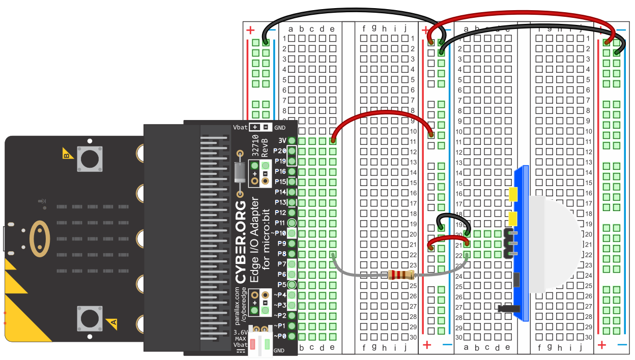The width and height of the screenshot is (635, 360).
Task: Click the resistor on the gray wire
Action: tap(400, 276)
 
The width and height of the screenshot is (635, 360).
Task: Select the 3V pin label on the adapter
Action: tap(282, 140)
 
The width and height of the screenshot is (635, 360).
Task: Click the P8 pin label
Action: tap(281, 253)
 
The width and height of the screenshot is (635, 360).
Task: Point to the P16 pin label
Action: tap(280, 171)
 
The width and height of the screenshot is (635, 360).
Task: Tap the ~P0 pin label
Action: tap(280, 336)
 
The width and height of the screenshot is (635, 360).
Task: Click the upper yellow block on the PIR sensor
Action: tap(513, 194)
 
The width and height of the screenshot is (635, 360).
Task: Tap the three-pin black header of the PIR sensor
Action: tap(508, 244)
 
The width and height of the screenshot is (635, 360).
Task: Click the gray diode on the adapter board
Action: tap(239, 172)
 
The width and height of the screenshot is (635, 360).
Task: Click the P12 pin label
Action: tap(280, 213)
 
